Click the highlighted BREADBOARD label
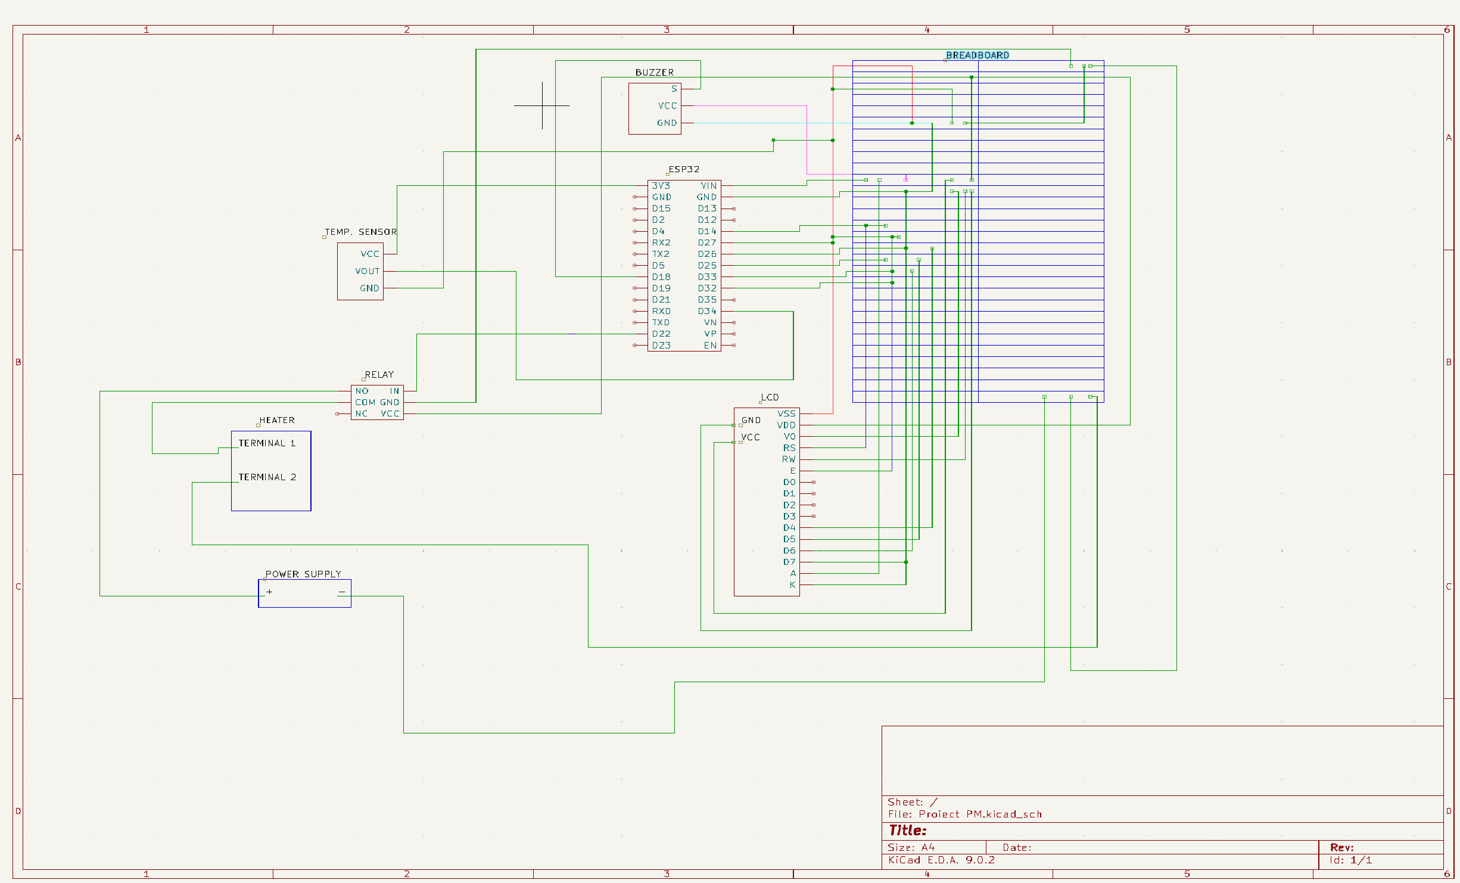point(977,55)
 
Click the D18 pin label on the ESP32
point(661,277)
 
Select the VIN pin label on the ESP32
point(708,186)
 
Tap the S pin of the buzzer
point(674,89)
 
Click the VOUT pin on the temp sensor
point(367,271)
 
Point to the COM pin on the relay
point(365,403)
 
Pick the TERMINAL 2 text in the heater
point(267,477)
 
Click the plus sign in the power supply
point(269,592)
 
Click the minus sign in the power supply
point(341,592)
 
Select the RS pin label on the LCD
point(789,448)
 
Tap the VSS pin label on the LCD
point(786,413)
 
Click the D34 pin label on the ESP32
point(707,311)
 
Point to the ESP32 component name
point(683,169)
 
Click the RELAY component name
point(379,375)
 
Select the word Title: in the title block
point(907,831)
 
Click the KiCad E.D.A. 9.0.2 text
point(941,860)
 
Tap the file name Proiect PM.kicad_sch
point(980,814)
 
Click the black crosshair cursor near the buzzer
point(542,105)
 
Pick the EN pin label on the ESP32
point(710,346)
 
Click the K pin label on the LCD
point(792,585)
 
